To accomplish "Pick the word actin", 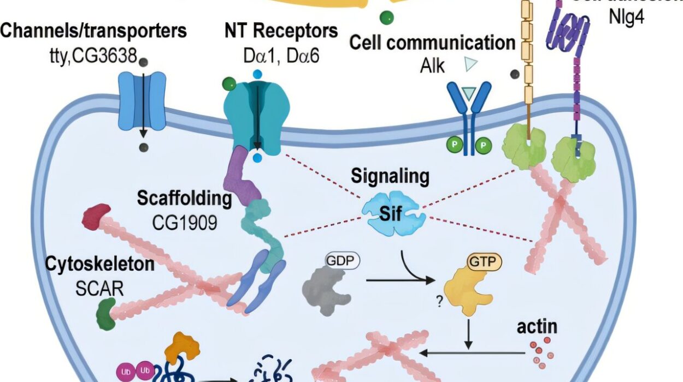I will coord(538,327).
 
